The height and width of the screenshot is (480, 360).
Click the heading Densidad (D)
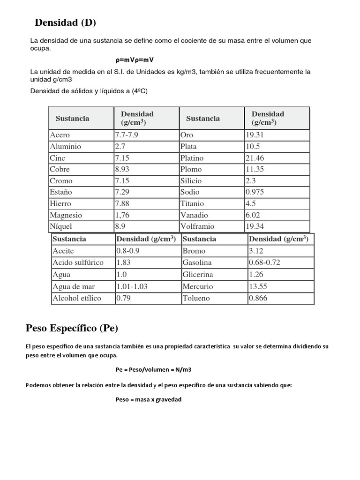pos(66,22)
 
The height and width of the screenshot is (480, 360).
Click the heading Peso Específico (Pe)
pos(71,328)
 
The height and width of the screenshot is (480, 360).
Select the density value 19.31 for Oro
pos(255,135)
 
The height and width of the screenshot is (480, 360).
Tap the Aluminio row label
pos(66,147)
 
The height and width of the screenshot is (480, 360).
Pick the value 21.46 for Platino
pos(255,158)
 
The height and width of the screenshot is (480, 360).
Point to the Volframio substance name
pos(197,227)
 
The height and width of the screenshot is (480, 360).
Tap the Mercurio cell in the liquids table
pos(198,286)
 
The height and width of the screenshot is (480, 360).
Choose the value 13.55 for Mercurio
pos(258,286)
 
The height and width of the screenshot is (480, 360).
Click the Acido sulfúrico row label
pos(78,262)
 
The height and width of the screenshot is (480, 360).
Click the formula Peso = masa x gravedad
pos(149,400)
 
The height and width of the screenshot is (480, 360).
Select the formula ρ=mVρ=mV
pos(135,60)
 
